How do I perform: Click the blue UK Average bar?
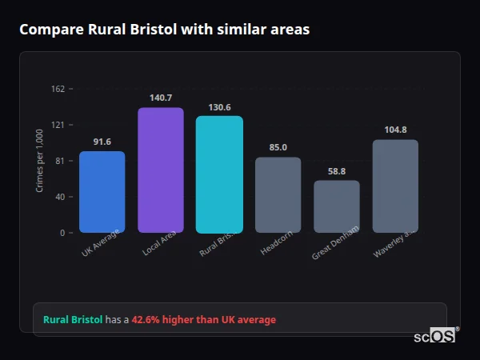[x=102, y=192]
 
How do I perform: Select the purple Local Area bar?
[x=161, y=170]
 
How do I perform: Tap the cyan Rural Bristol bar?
[x=219, y=174]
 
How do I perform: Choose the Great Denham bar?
[x=337, y=206]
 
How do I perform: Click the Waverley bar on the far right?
[x=395, y=186]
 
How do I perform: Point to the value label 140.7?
[x=161, y=98]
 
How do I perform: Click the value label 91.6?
[x=102, y=142]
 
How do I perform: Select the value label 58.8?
[x=337, y=170]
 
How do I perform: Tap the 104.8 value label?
[x=395, y=130]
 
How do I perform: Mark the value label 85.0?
[x=278, y=147]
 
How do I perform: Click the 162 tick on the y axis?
[x=58, y=89]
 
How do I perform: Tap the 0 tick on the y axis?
[x=62, y=233]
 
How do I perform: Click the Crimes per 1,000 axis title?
[x=39, y=161]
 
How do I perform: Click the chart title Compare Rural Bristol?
[x=164, y=30]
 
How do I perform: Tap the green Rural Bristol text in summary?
[x=73, y=319]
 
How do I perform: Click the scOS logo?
[x=435, y=336]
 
